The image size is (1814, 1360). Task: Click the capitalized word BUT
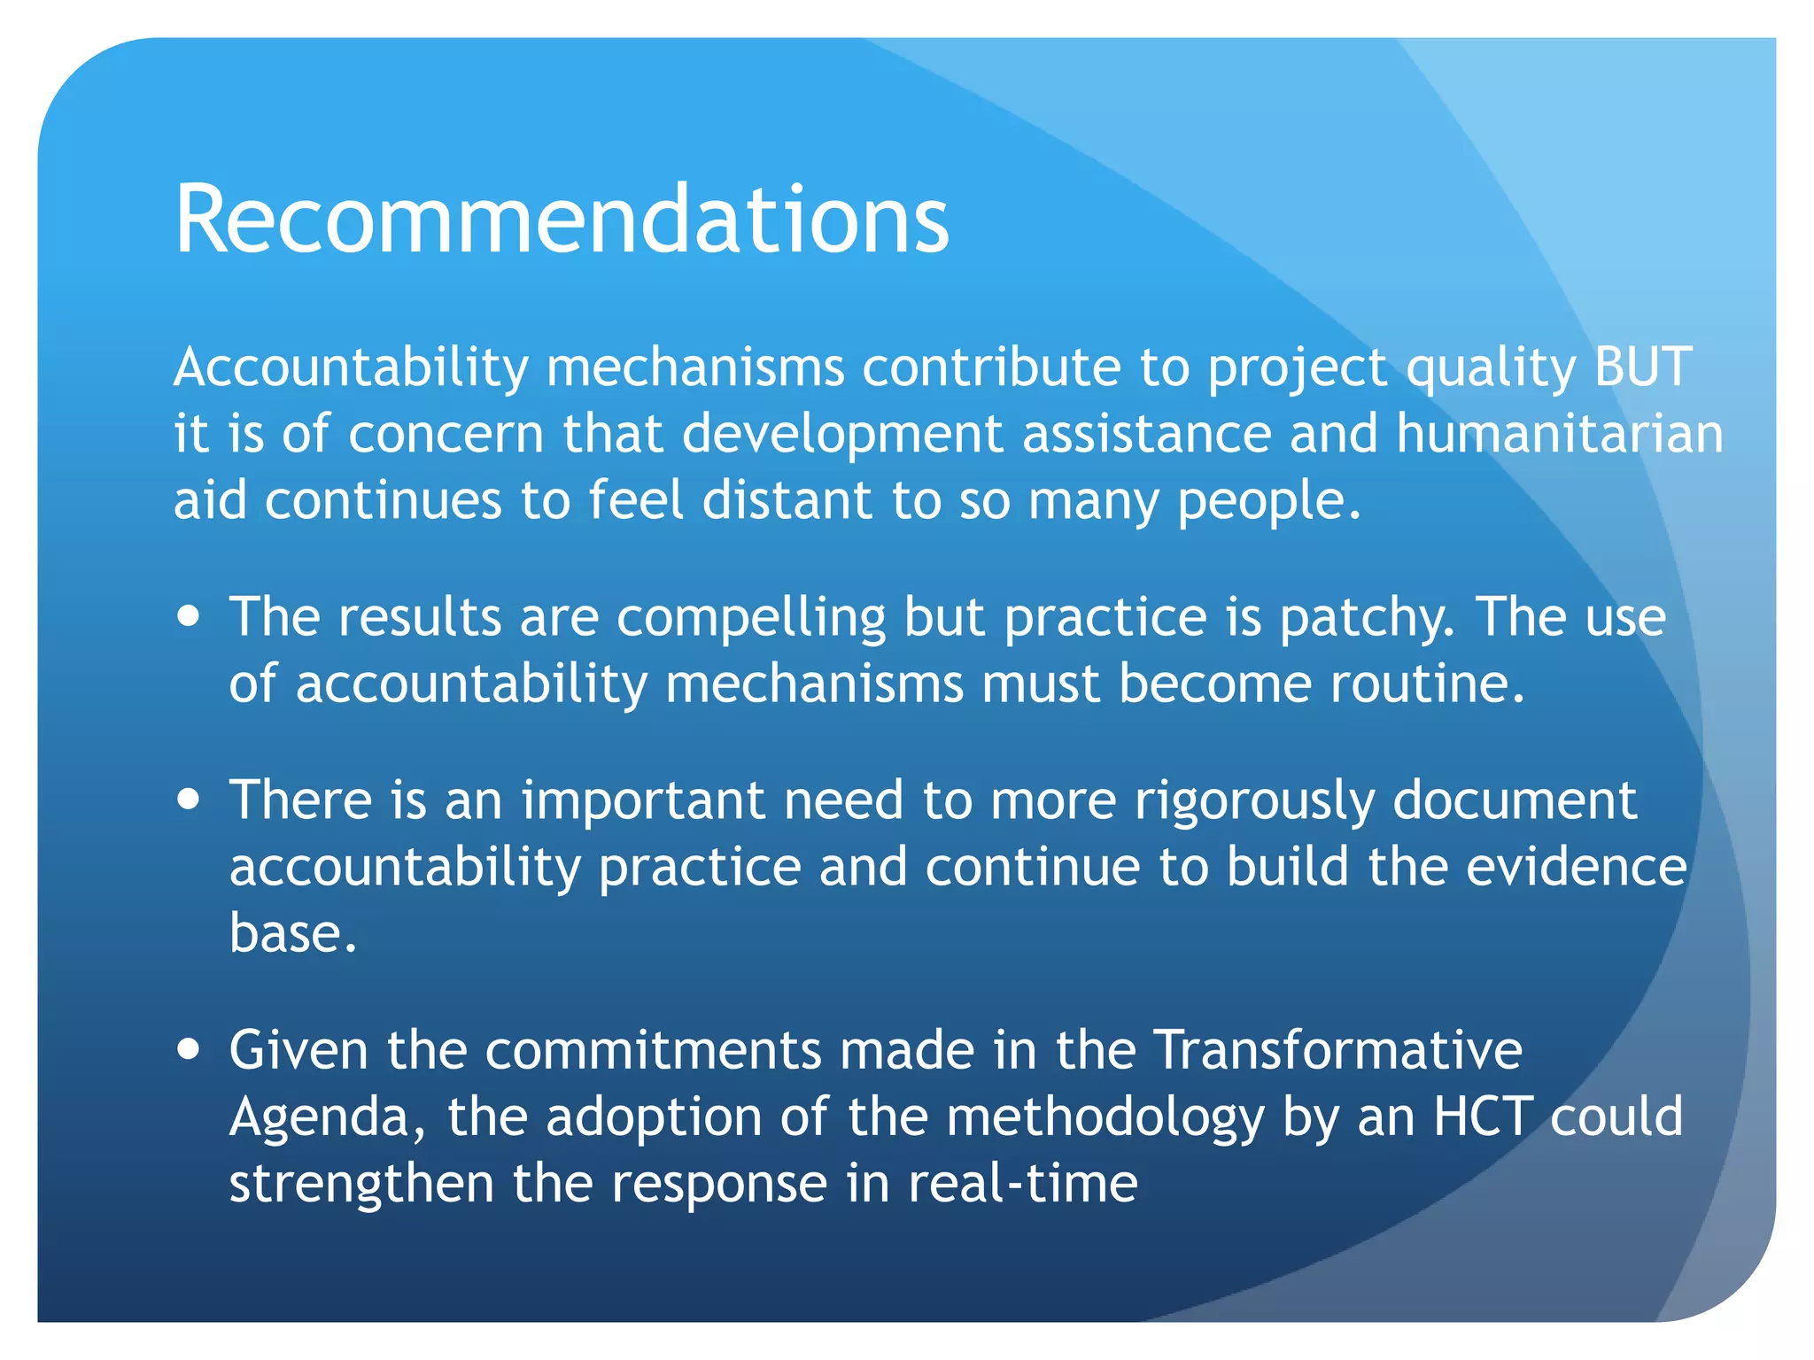(1643, 367)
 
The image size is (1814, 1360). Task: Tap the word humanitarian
(1560, 434)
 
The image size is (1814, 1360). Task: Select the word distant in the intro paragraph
(787, 500)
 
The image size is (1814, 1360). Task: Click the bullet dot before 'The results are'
(188, 615)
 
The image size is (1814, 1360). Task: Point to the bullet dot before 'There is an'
(188, 800)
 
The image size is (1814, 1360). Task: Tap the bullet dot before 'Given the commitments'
(188, 1049)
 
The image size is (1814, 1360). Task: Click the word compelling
(751, 618)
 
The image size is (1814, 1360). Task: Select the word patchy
(1367, 618)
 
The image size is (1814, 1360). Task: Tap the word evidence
(1577, 867)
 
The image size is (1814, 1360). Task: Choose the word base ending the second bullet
(292, 933)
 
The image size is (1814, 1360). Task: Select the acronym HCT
(1483, 1117)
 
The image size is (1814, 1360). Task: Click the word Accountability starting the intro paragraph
(351, 368)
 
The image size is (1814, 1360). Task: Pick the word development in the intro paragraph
(841, 436)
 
